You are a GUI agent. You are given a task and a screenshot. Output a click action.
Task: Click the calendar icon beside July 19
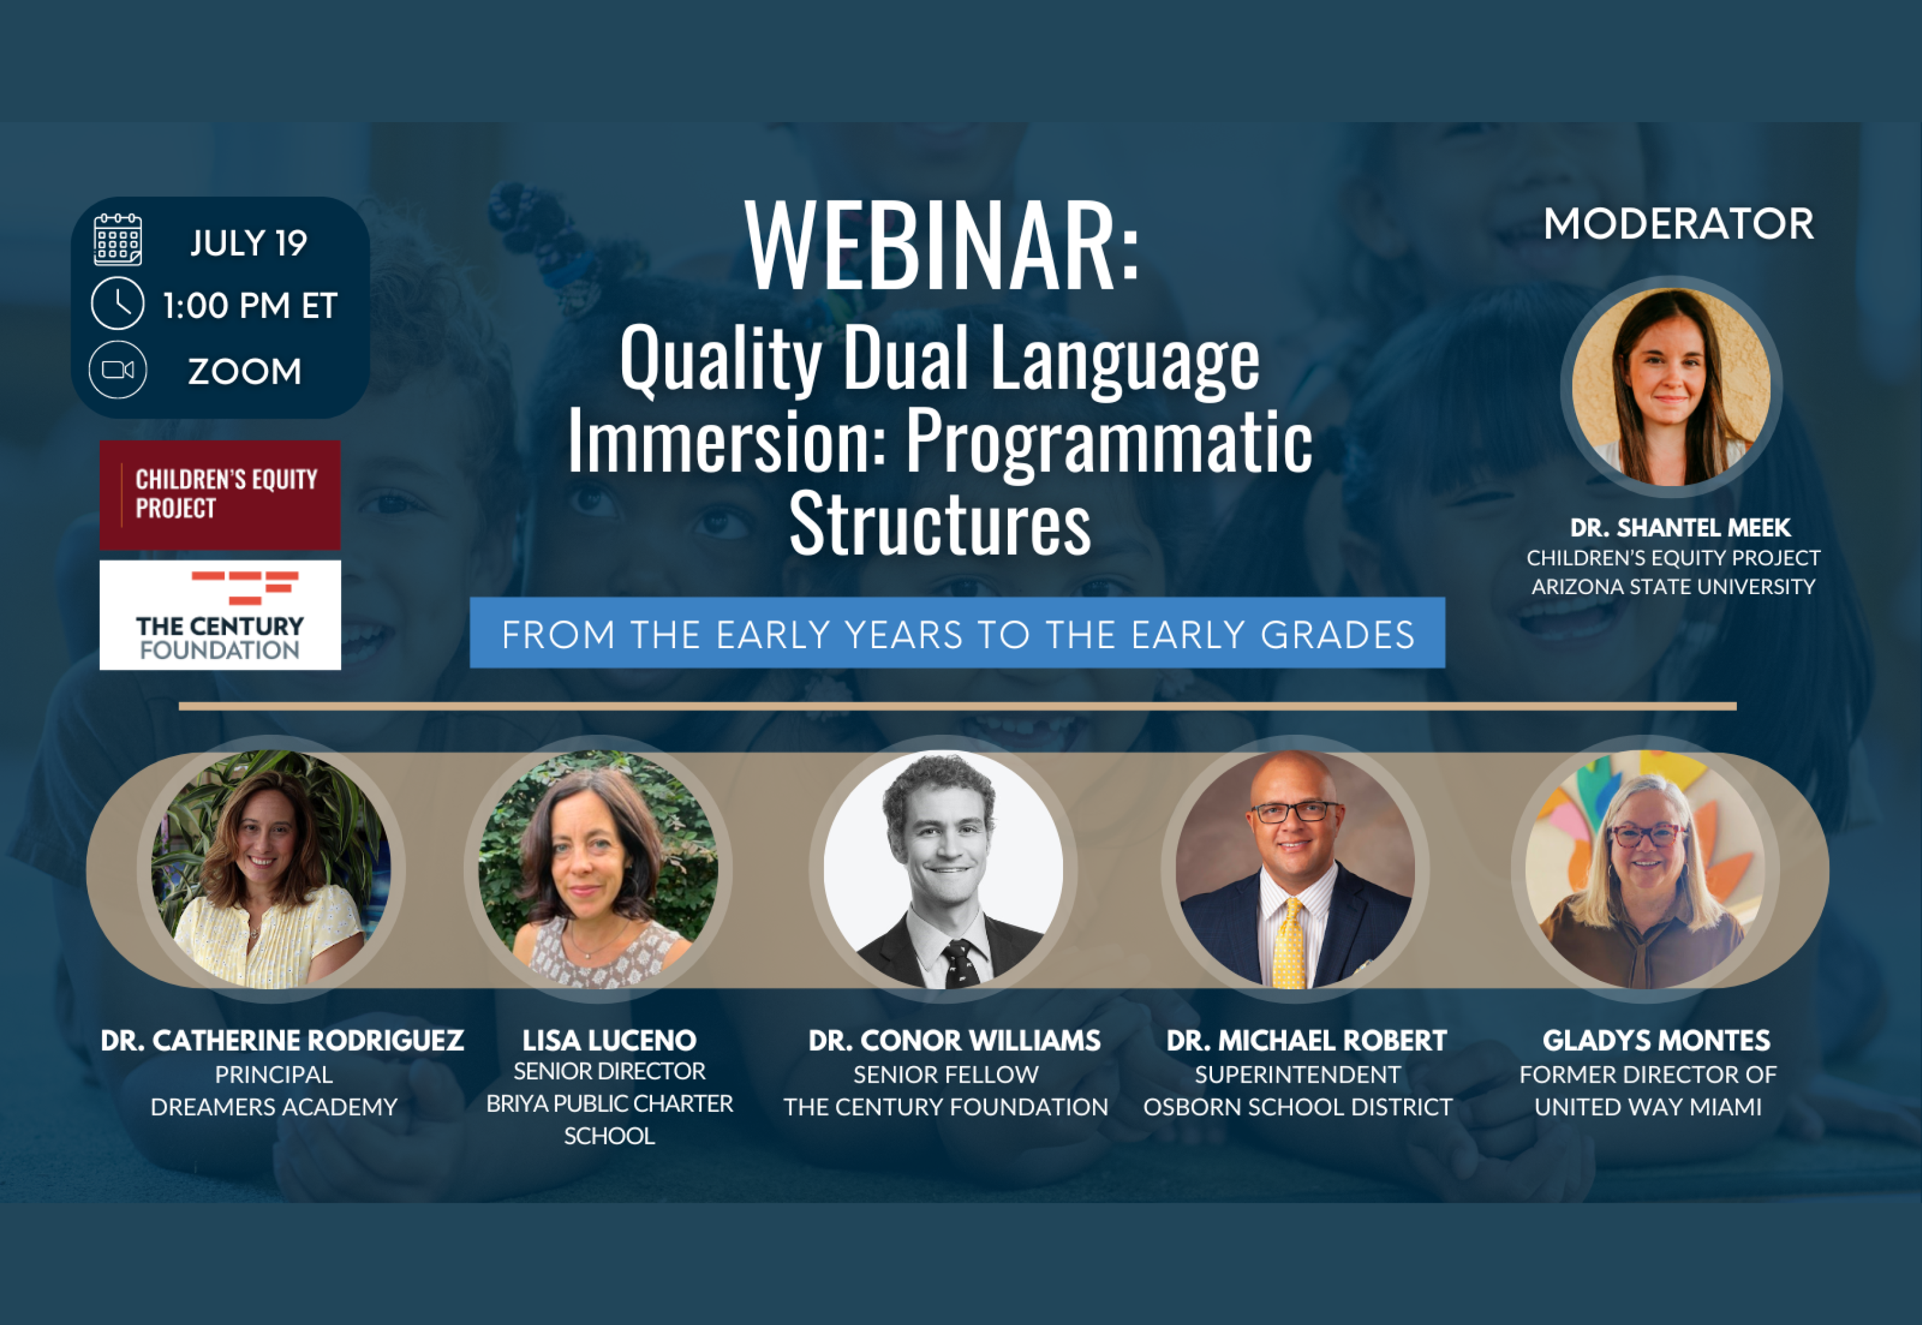117,240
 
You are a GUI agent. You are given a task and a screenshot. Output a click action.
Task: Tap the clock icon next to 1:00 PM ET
117,304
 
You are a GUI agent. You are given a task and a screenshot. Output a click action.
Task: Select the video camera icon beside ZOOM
117,370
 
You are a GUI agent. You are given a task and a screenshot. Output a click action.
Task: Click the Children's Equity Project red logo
220,495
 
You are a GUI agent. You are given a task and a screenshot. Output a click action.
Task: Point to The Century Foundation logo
220,615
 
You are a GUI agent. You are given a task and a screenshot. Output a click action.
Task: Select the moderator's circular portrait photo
1671,387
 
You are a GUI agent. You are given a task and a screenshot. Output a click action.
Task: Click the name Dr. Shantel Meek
1680,527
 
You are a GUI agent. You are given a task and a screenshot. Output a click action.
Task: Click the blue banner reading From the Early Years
958,633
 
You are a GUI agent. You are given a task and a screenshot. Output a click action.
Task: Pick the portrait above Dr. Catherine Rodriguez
270,869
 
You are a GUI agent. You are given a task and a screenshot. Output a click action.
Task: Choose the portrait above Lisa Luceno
598,869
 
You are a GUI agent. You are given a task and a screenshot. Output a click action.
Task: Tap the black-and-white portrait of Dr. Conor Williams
943,869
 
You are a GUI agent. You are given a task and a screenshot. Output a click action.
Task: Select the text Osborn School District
1298,1107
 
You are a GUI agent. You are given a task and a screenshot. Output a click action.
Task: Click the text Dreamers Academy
274,1107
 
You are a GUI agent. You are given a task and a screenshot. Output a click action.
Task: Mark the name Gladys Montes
1656,1040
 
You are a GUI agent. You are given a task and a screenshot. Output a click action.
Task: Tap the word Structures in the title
940,523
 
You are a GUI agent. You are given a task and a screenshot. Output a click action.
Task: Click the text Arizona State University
1673,587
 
